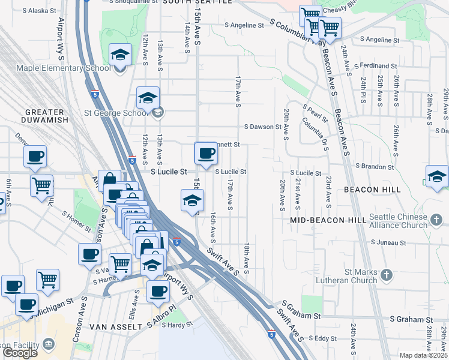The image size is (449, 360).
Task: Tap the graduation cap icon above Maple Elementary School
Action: pyautogui.click(x=120, y=55)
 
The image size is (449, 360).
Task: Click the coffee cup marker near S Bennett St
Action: pyautogui.click(x=206, y=153)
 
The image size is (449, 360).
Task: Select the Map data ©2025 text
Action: pyautogui.click(x=424, y=355)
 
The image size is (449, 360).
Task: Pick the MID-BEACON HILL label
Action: pyautogui.click(x=328, y=220)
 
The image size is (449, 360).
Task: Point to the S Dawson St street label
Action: pyautogui.click(x=262, y=127)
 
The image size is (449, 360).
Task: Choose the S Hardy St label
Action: pyautogui.click(x=177, y=325)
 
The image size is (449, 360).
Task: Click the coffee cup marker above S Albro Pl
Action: pyautogui.click(x=158, y=291)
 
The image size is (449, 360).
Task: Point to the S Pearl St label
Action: pyautogui.click(x=315, y=112)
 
